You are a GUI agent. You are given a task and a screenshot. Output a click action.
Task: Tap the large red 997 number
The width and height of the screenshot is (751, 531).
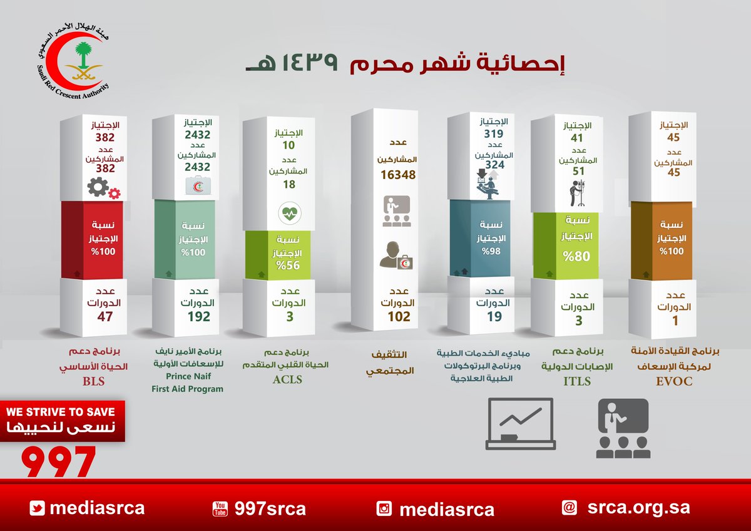[x=59, y=461]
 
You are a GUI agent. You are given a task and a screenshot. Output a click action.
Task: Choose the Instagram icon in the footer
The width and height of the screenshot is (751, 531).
[x=384, y=508]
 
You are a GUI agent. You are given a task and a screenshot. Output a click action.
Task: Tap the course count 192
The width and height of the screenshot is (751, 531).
[x=199, y=317]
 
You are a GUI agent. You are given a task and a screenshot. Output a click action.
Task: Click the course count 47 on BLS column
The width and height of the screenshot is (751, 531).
[x=105, y=317]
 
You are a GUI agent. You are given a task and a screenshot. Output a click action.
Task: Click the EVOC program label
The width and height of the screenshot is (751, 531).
[x=675, y=381]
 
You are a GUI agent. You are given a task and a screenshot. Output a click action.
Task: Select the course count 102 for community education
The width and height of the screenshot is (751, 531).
[x=399, y=317]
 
